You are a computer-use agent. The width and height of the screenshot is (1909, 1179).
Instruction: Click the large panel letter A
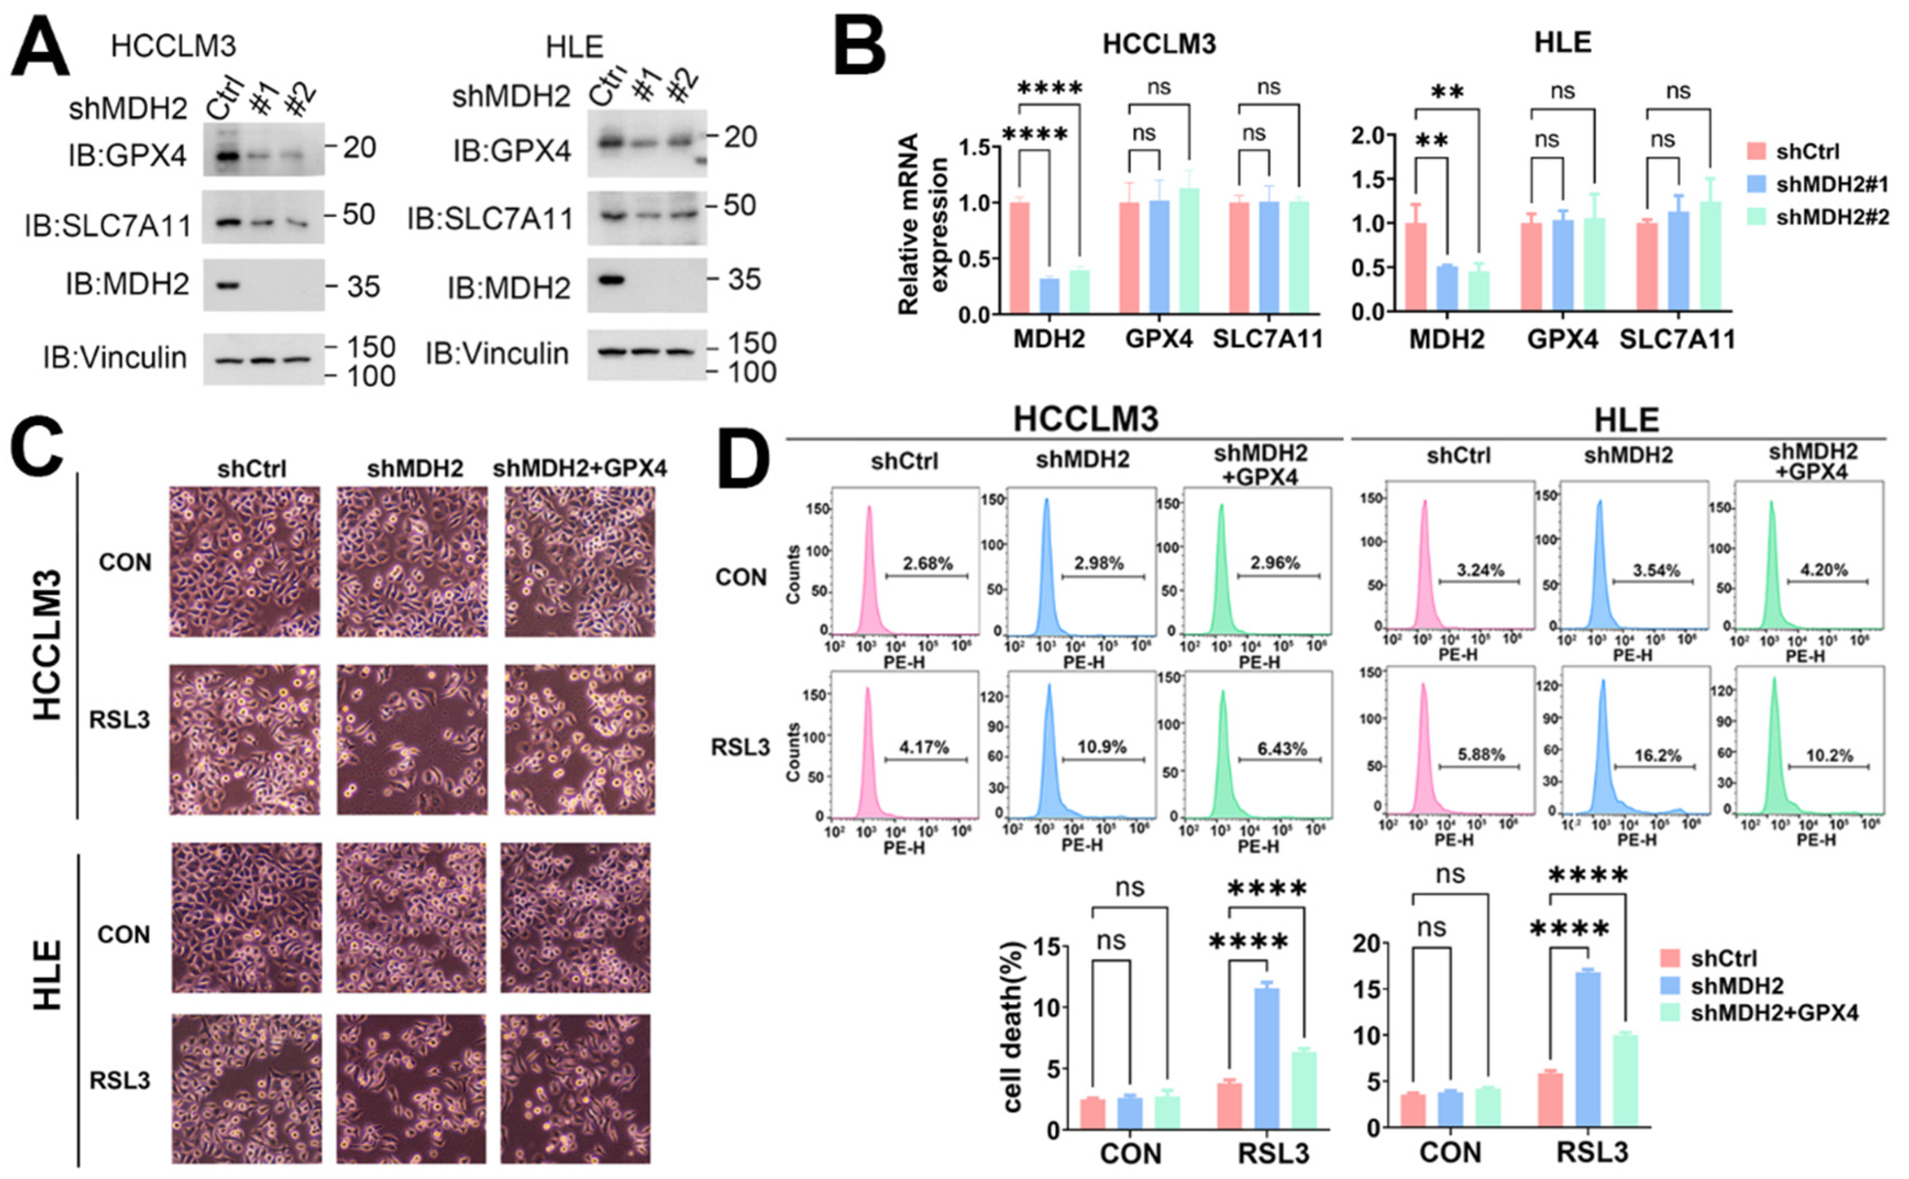point(39,48)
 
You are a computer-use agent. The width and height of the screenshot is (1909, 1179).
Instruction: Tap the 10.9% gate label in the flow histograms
point(1101,747)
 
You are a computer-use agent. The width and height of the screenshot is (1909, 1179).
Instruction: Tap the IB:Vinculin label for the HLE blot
point(496,354)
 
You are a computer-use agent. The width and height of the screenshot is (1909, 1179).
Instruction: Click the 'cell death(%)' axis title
point(1012,1028)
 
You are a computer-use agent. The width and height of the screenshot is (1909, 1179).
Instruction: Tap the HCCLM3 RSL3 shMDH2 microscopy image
point(412,739)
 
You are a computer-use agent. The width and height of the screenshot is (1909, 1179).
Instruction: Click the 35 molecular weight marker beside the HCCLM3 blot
point(363,287)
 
